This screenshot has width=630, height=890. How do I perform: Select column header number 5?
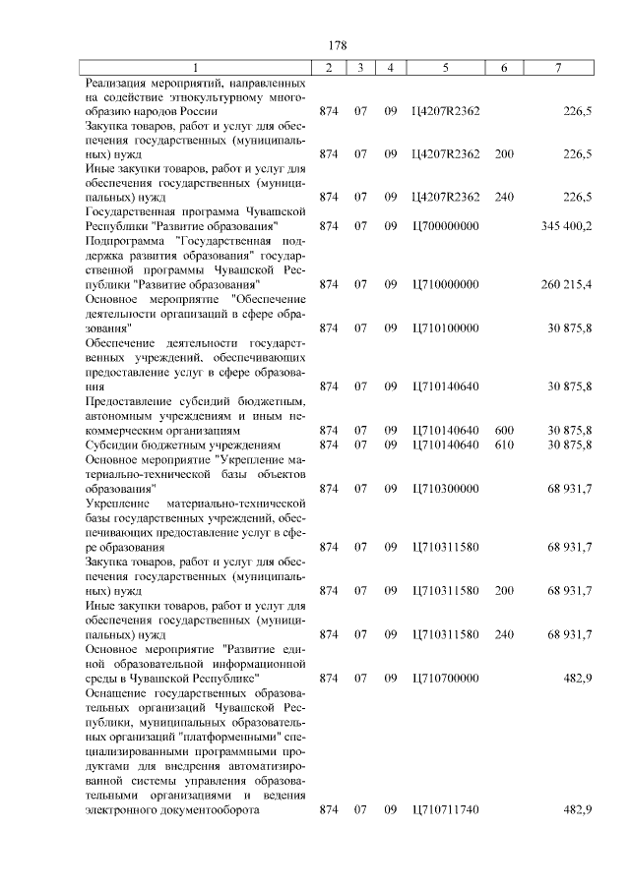[446, 68]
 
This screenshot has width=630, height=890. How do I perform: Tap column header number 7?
[558, 68]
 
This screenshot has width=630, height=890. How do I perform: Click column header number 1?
[195, 68]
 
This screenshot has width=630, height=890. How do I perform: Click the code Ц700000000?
[446, 227]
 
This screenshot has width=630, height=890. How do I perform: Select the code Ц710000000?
[446, 284]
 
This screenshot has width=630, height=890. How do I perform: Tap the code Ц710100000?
[446, 327]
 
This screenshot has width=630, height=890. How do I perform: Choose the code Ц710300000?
[446, 488]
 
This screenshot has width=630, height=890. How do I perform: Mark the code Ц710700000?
[446, 679]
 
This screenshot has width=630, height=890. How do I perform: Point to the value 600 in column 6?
[505, 431]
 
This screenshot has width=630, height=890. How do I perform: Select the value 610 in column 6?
[505, 445]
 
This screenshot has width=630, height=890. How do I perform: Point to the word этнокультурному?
[214, 97]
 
